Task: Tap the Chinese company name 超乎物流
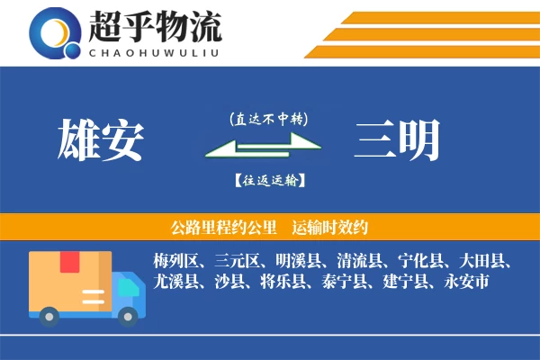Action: pyautogui.click(x=154, y=27)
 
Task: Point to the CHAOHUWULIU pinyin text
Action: pyautogui.click(x=154, y=52)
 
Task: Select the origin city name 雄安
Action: pyautogui.click(x=100, y=141)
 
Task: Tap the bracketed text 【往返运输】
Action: pyautogui.click(x=268, y=181)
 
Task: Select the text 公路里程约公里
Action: pyautogui.click(x=213, y=227)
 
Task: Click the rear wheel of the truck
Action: pyautogui.click(x=49, y=316)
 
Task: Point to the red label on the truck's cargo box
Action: pyautogui.click(x=69, y=261)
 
